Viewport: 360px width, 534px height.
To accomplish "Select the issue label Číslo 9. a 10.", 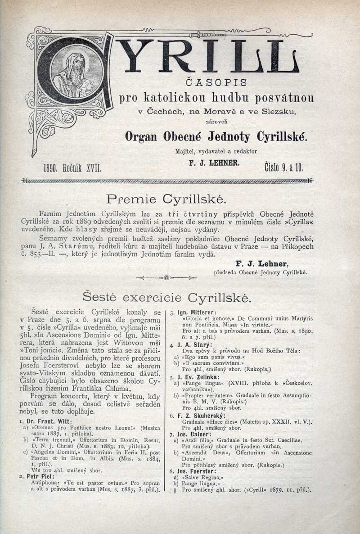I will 283,167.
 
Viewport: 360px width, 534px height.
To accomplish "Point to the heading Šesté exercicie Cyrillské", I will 167,297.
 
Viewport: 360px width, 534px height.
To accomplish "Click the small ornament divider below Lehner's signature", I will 167,278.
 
